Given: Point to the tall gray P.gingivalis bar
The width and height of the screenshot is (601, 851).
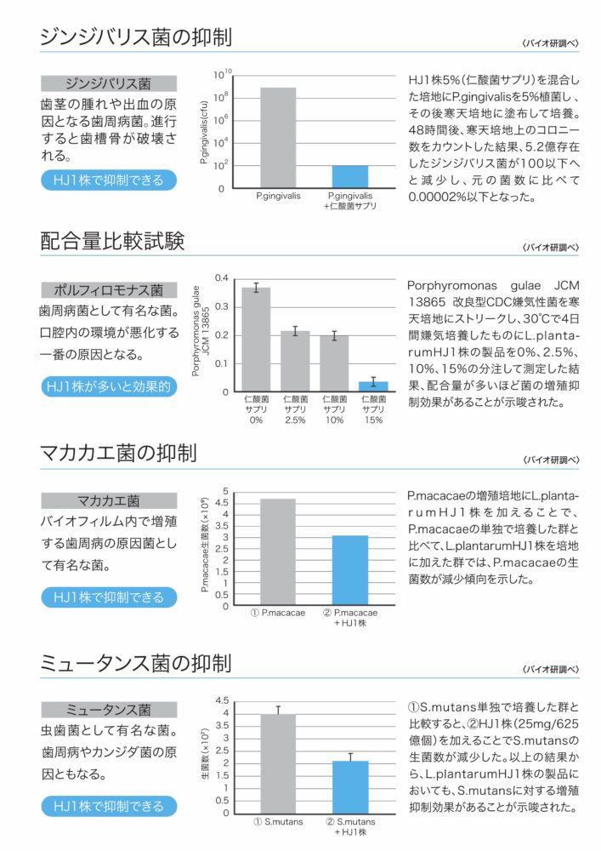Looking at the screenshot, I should [278, 137].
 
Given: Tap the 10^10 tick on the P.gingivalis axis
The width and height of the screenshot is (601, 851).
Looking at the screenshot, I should [223, 74].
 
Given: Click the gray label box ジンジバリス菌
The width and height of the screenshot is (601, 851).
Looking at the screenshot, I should [109, 83].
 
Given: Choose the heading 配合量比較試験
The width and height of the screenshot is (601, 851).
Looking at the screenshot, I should [112, 242].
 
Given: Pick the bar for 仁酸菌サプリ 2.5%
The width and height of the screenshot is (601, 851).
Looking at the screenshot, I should [295, 361].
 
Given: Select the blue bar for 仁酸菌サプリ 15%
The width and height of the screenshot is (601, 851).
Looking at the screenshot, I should [373, 386].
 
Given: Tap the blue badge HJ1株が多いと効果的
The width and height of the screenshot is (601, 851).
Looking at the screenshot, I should [109, 386].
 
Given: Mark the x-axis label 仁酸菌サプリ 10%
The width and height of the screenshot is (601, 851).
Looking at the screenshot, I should [334, 408].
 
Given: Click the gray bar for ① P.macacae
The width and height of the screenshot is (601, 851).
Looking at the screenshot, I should [278, 552].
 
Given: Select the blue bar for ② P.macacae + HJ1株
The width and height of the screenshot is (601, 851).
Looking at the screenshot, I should [349, 570].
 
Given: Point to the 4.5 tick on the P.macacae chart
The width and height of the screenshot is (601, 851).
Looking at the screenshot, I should [224, 503].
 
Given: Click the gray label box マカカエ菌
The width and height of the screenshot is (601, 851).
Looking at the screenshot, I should [109, 500].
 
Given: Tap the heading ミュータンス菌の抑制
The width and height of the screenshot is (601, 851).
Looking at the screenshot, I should [136, 662].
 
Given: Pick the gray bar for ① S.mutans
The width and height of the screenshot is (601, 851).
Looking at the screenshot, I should [278, 763].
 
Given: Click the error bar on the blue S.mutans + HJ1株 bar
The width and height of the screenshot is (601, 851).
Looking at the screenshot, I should [349, 757].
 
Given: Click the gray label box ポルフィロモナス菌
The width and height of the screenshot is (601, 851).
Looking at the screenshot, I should [109, 289].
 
